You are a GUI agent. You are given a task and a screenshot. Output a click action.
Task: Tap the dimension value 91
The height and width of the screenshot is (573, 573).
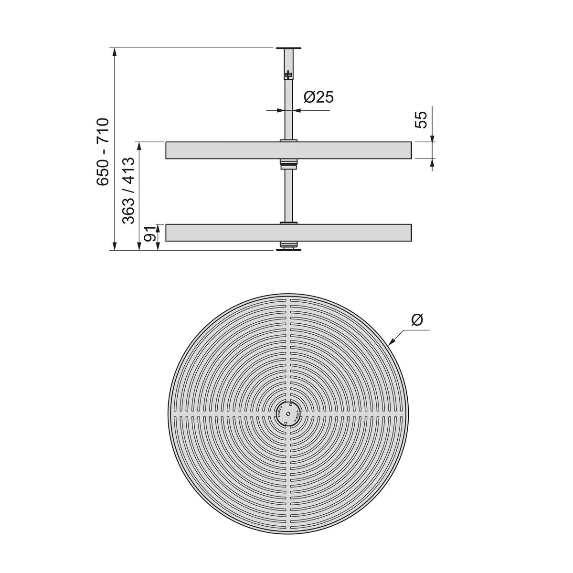point(150,234)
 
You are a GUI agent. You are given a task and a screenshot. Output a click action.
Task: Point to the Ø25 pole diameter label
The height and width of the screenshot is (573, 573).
point(318,97)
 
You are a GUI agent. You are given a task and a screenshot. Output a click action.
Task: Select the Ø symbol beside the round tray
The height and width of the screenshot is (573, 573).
point(417,320)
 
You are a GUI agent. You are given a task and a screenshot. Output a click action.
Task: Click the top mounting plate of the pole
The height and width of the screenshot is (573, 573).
point(288,48)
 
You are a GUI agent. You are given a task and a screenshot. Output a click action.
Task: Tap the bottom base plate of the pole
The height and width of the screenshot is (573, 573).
point(288,249)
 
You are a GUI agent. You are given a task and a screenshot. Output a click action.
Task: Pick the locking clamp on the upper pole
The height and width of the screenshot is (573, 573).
point(288,75)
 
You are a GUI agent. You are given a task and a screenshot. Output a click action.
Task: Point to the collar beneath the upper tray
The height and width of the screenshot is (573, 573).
point(288,164)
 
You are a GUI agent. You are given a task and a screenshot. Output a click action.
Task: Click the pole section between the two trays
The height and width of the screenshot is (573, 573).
point(288,196)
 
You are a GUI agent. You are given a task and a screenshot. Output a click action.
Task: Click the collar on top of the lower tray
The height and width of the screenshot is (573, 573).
point(288,223)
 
